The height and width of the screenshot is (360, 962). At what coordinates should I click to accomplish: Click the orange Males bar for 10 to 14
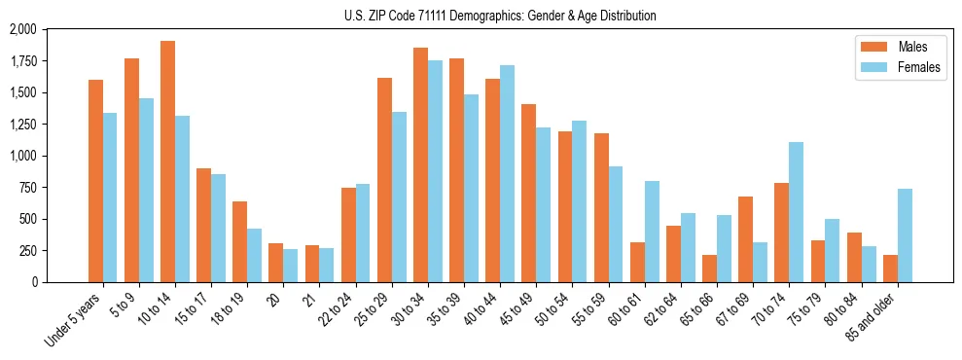(x=167, y=162)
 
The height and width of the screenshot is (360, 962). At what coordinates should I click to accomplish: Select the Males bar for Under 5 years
(x=95, y=181)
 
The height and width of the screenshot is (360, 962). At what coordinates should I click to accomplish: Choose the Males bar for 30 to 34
(x=420, y=165)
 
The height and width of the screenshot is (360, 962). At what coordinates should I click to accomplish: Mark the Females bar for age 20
(x=291, y=266)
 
